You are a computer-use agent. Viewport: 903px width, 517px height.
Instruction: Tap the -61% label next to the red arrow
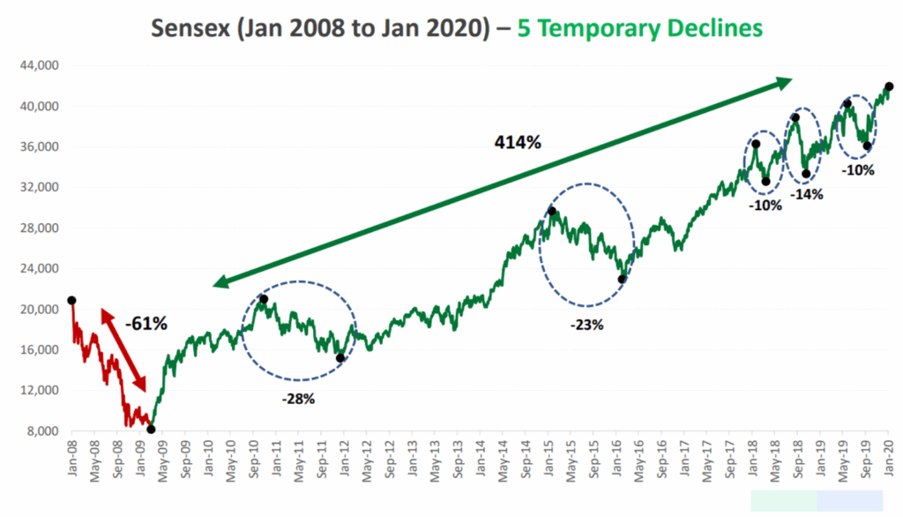pos(146,324)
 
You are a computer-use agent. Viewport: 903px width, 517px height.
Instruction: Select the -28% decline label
pos(298,399)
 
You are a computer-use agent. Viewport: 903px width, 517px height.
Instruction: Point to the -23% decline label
pos(586,325)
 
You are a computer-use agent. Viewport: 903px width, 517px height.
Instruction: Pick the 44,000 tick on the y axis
pos(40,66)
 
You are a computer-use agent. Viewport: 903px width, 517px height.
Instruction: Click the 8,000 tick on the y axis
pos(43,431)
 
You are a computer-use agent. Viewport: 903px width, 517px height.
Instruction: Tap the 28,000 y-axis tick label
pos(40,229)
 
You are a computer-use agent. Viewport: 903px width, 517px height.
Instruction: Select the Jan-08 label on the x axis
pos(71,461)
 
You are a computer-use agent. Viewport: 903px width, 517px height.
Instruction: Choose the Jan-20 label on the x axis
pos(887,461)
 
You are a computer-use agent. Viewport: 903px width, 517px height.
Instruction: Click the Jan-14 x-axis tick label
pos(480,461)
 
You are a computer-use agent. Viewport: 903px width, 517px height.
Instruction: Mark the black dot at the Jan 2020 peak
pos(889,86)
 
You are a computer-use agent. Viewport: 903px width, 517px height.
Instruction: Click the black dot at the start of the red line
pos(71,301)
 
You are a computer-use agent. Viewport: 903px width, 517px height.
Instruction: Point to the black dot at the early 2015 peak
pos(552,211)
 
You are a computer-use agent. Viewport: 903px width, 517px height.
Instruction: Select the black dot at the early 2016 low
pos(622,279)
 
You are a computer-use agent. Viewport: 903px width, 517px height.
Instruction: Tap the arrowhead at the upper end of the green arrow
pos(783,82)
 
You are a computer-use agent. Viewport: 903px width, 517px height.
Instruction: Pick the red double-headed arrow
pos(123,350)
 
